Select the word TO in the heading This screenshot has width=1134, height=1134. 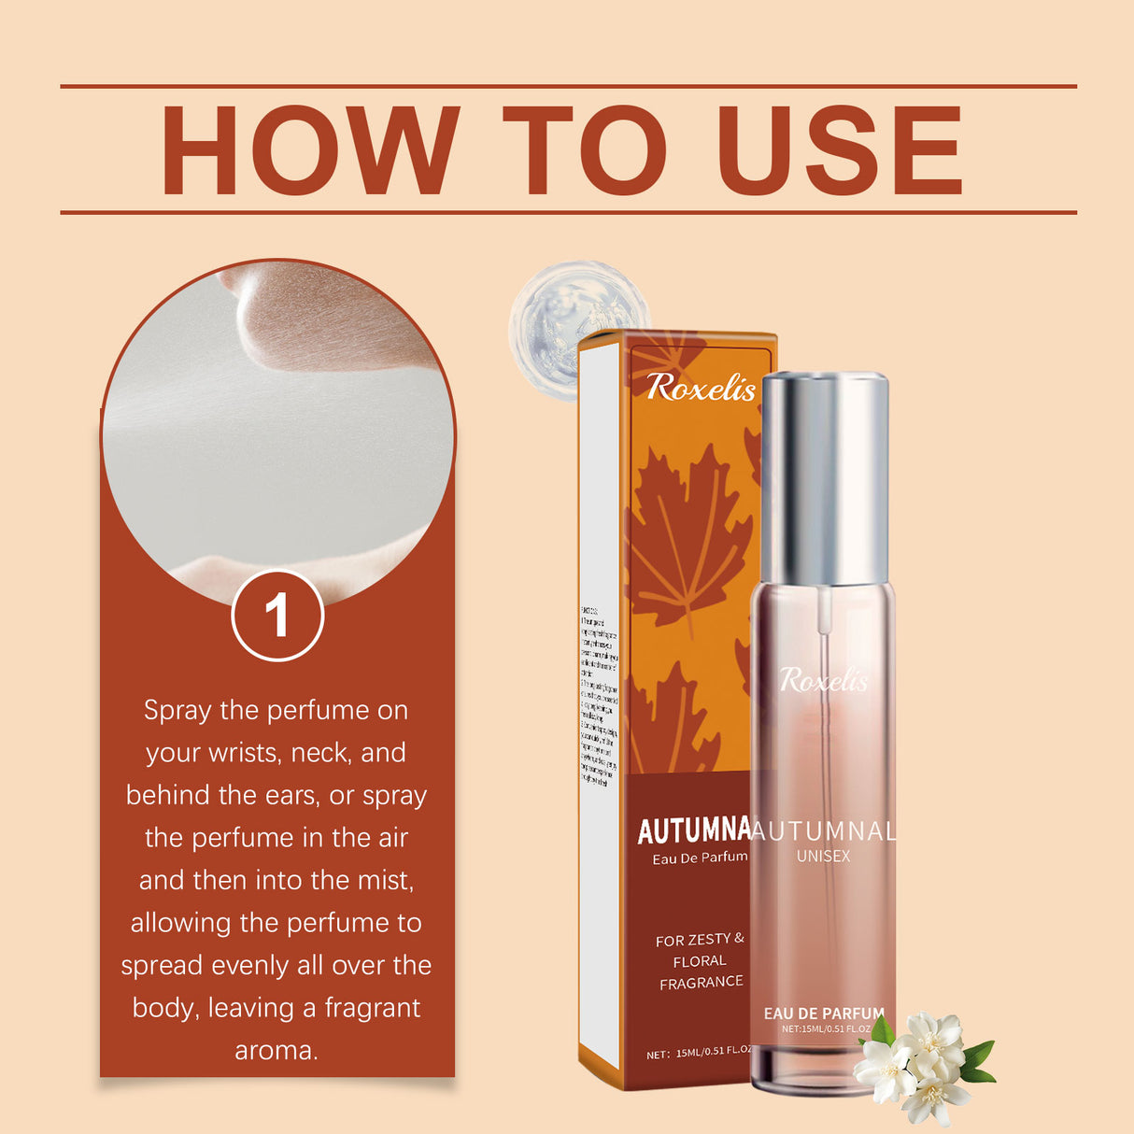point(585,150)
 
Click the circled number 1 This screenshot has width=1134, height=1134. point(277,617)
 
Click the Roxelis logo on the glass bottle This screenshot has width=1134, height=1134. point(823,681)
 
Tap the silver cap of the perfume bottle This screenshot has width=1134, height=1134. point(824,476)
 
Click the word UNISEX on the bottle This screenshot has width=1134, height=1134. point(823,856)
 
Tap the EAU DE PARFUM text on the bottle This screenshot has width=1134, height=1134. point(823,1014)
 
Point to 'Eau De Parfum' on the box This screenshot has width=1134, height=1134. point(700,858)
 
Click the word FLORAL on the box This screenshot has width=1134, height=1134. point(700,961)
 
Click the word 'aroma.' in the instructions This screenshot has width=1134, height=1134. point(276,1051)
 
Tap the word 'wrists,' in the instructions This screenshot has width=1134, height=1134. point(236,753)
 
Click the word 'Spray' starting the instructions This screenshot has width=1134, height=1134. point(177,711)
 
